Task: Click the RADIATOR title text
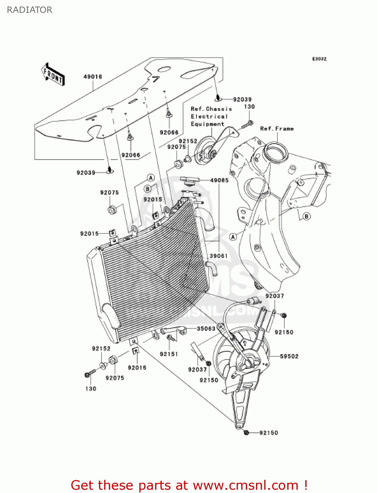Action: point(30,10)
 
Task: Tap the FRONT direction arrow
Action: point(53,75)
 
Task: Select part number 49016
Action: point(93,77)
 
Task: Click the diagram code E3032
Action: point(319,59)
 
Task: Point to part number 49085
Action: point(219,180)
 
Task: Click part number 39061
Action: point(219,256)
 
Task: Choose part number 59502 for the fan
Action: point(289,356)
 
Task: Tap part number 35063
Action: point(206,328)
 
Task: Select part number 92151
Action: point(169,354)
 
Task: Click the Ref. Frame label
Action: point(277,129)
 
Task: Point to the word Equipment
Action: point(207,124)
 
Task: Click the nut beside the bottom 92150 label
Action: point(246,433)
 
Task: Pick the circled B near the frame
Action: point(306,216)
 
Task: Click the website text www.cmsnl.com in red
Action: point(246,485)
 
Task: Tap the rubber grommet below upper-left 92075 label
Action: point(112,209)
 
